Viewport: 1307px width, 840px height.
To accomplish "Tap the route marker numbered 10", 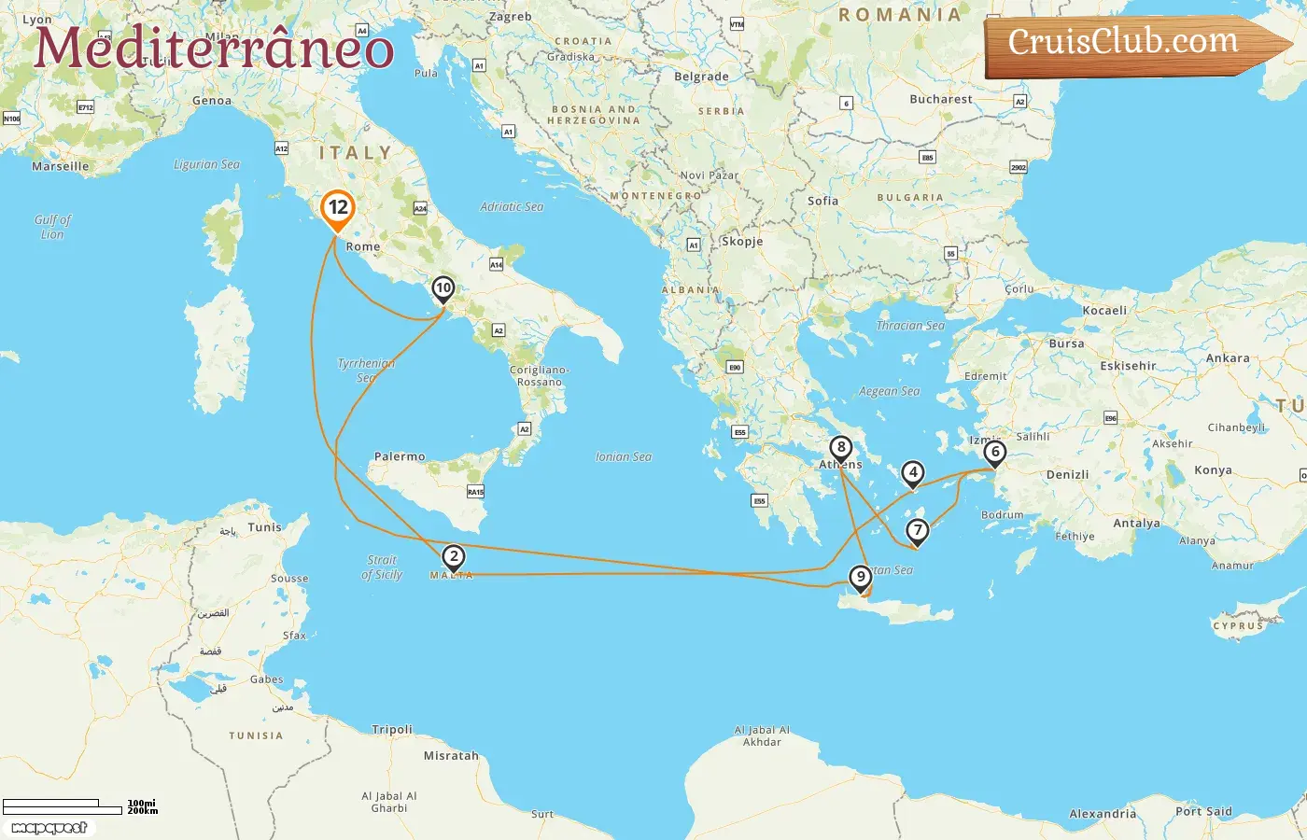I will coord(443,289).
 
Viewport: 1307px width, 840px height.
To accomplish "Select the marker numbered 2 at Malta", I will coord(454,558).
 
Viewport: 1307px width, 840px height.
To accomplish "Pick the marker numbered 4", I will coord(913,474).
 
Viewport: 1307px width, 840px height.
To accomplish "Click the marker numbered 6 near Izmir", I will coord(995,454).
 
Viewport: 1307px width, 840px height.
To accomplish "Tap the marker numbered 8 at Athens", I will coord(841,449).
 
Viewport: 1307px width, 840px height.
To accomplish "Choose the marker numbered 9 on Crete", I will coord(861,579).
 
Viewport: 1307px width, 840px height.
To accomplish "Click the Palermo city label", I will coord(400,456).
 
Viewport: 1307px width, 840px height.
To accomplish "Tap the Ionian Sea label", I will coord(624,456).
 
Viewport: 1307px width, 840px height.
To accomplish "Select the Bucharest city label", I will coord(941,99).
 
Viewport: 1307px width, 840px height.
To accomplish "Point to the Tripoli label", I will coord(392,729).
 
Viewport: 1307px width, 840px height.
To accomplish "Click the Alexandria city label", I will coord(1103,814).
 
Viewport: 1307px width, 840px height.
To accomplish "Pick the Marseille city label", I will coord(61,166).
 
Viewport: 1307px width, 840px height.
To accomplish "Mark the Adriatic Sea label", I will coord(512,206).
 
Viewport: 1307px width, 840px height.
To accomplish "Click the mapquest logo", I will coord(49,828).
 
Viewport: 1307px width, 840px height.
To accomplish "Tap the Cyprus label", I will coord(1238,625).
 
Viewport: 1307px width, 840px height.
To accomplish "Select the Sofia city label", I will coord(822,201).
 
